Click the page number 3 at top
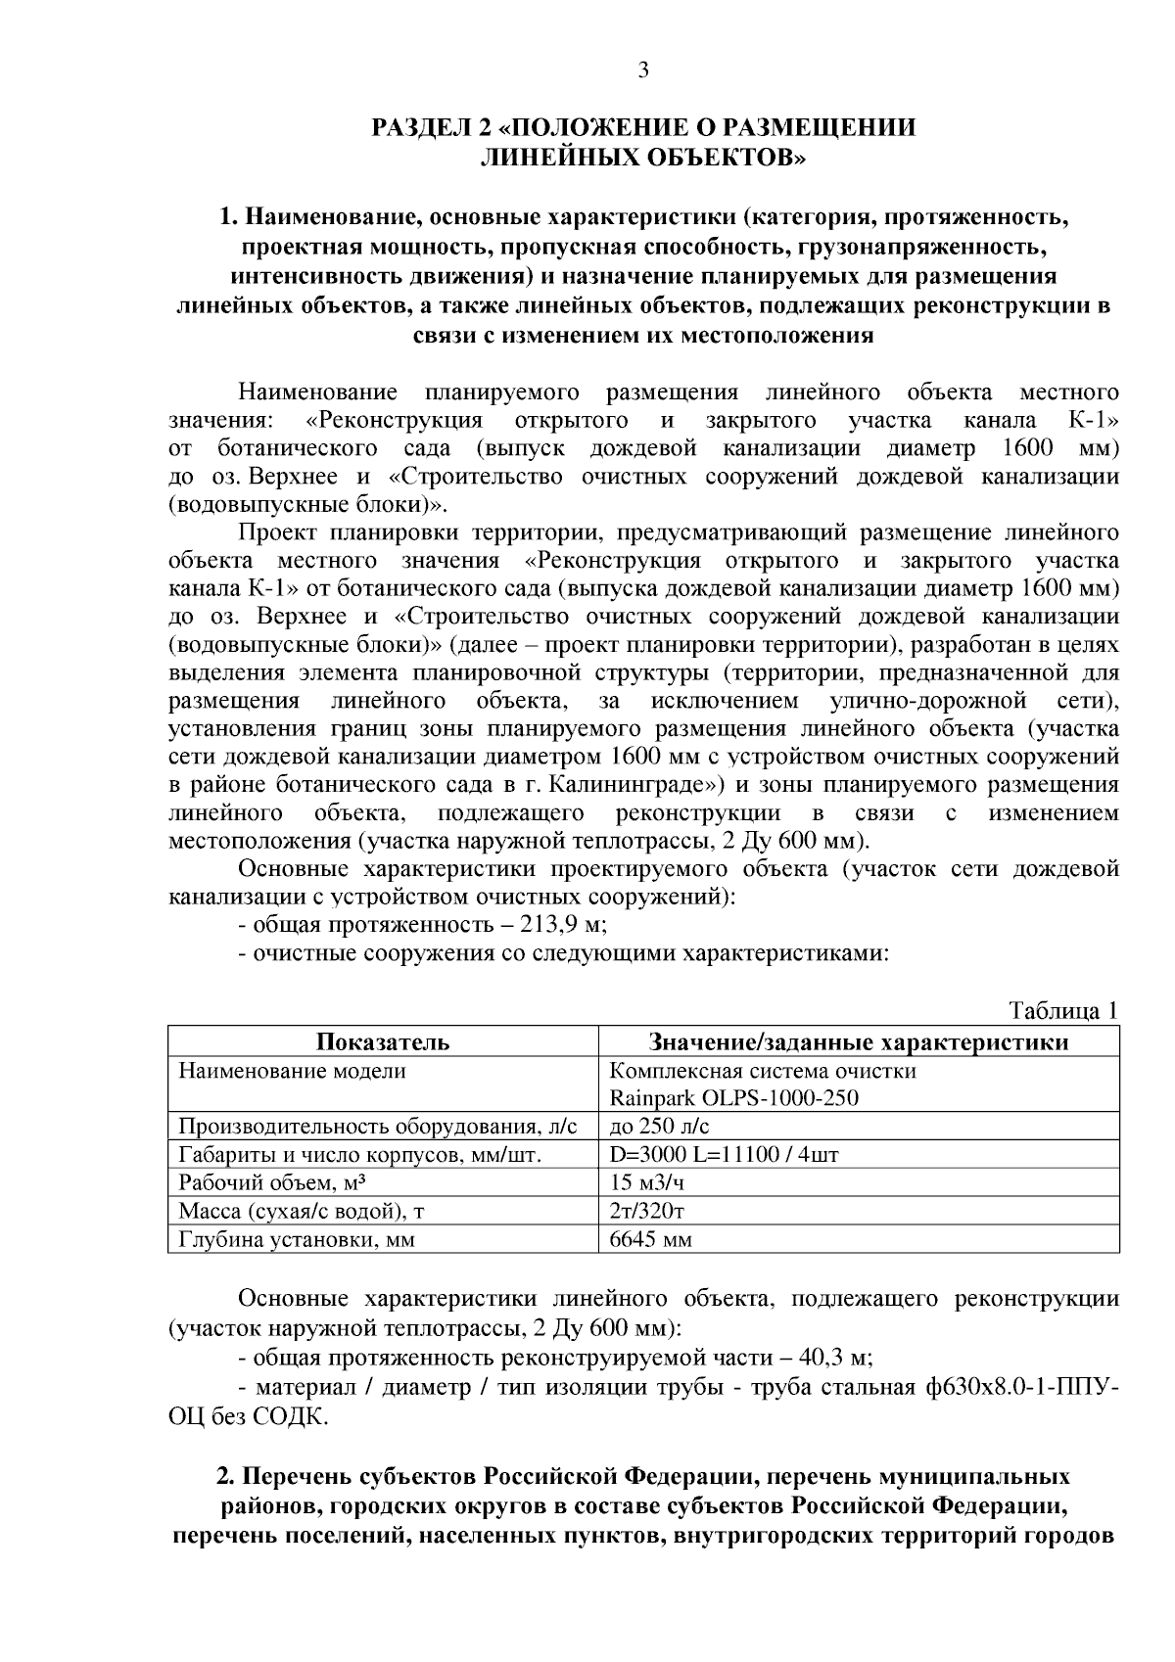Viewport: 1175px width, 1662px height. coord(643,69)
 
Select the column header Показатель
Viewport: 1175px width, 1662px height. coord(382,1041)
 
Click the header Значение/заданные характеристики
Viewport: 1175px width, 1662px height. coord(859,1041)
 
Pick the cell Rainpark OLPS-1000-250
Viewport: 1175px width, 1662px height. coord(733,1097)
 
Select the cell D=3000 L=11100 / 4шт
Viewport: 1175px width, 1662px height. coord(724,1154)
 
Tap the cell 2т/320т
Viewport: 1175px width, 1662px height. coord(646,1211)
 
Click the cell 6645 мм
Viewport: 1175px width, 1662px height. coord(650,1240)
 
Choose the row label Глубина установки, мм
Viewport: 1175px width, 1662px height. coord(296,1240)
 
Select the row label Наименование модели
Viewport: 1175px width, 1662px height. coord(292,1070)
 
